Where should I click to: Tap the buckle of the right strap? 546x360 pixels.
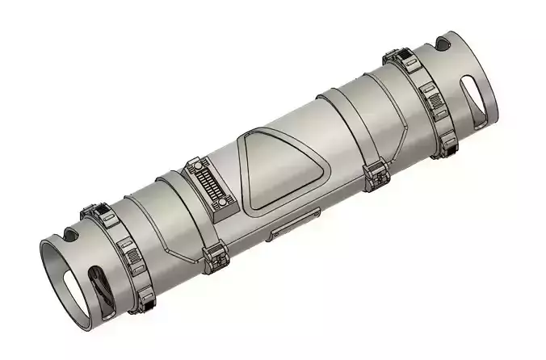(374, 173)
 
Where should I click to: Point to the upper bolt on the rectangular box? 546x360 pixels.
(196, 165)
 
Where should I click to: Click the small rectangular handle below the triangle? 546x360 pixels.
(294, 228)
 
